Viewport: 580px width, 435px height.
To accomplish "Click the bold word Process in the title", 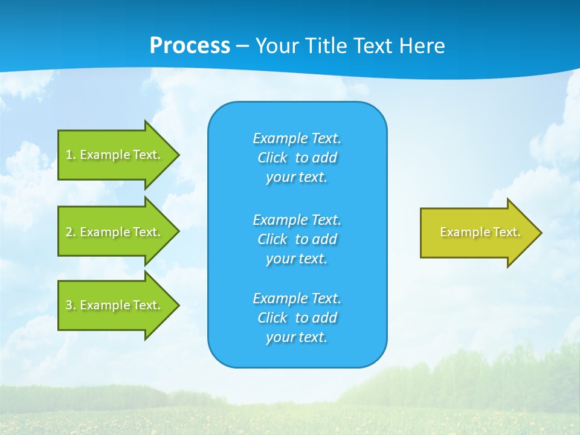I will pyautogui.click(x=190, y=46).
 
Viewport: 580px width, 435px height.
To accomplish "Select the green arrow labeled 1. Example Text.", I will pyautogui.click(x=115, y=155).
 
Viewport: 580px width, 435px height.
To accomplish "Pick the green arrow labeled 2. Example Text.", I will pyautogui.click(x=115, y=232).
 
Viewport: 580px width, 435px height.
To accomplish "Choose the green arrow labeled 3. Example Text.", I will pyautogui.click(x=115, y=305).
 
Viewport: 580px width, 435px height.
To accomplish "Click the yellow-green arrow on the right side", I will pyautogui.click(x=477, y=233).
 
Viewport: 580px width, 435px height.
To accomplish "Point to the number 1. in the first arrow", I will pyautogui.click(x=71, y=155).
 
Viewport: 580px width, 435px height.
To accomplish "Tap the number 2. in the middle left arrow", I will pyautogui.click(x=71, y=232).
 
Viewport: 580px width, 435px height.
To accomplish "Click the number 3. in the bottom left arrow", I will pyautogui.click(x=71, y=305).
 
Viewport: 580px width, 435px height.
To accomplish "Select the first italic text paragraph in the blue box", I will pyautogui.click(x=297, y=158).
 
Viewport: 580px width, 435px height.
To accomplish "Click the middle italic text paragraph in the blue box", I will pyautogui.click(x=297, y=239).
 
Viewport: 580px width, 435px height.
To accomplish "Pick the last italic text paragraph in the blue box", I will pyautogui.click(x=297, y=318).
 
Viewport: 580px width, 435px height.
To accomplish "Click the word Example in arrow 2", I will pyautogui.click(x=105, y=232).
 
